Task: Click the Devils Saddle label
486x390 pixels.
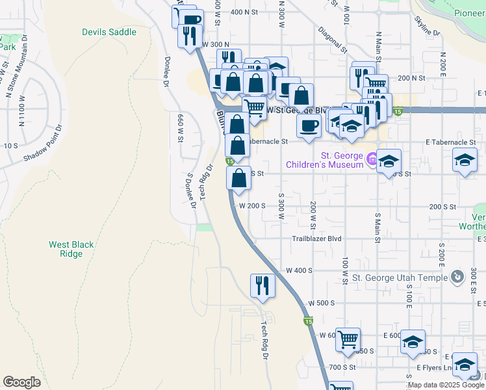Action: [x=109, y=32]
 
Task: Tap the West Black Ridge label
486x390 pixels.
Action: [x=71, y=249]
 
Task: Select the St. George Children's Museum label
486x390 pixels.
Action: [x=325, y=160]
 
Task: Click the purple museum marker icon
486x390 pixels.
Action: [x=372, y=158]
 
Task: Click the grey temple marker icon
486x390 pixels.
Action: [x=458, y=277]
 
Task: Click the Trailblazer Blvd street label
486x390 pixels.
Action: [x=316, y=239]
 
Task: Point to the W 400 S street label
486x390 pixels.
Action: [x=300, y=270]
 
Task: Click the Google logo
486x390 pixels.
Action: [x=21, y=382]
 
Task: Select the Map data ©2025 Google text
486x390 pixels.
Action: [x=445, y=385]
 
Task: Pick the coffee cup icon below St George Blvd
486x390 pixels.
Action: [x=309, y=125]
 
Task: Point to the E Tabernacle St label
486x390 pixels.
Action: [x=451, y=142]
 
